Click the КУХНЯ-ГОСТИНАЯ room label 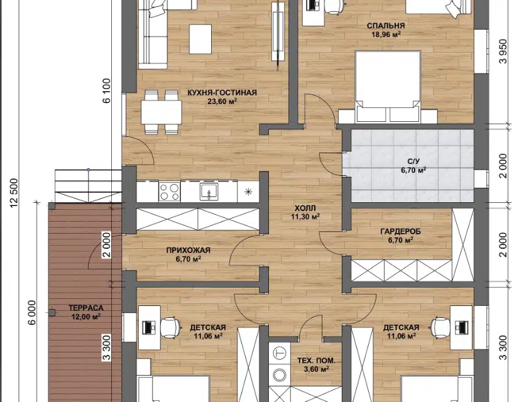222,92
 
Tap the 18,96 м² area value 386,35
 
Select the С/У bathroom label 413,161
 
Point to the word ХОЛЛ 305,208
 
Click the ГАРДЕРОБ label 400,231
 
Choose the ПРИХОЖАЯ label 188,251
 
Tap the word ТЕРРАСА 86,308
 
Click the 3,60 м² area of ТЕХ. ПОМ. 316,369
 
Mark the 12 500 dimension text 14,193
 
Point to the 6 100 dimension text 107,90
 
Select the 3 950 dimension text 503,52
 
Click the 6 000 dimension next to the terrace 32,313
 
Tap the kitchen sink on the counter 209,191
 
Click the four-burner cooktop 169,192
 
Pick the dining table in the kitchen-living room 161,112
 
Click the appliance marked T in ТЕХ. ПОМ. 280,353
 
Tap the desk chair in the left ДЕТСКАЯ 170,326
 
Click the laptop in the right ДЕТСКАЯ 462,327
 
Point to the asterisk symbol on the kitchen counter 248,192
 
